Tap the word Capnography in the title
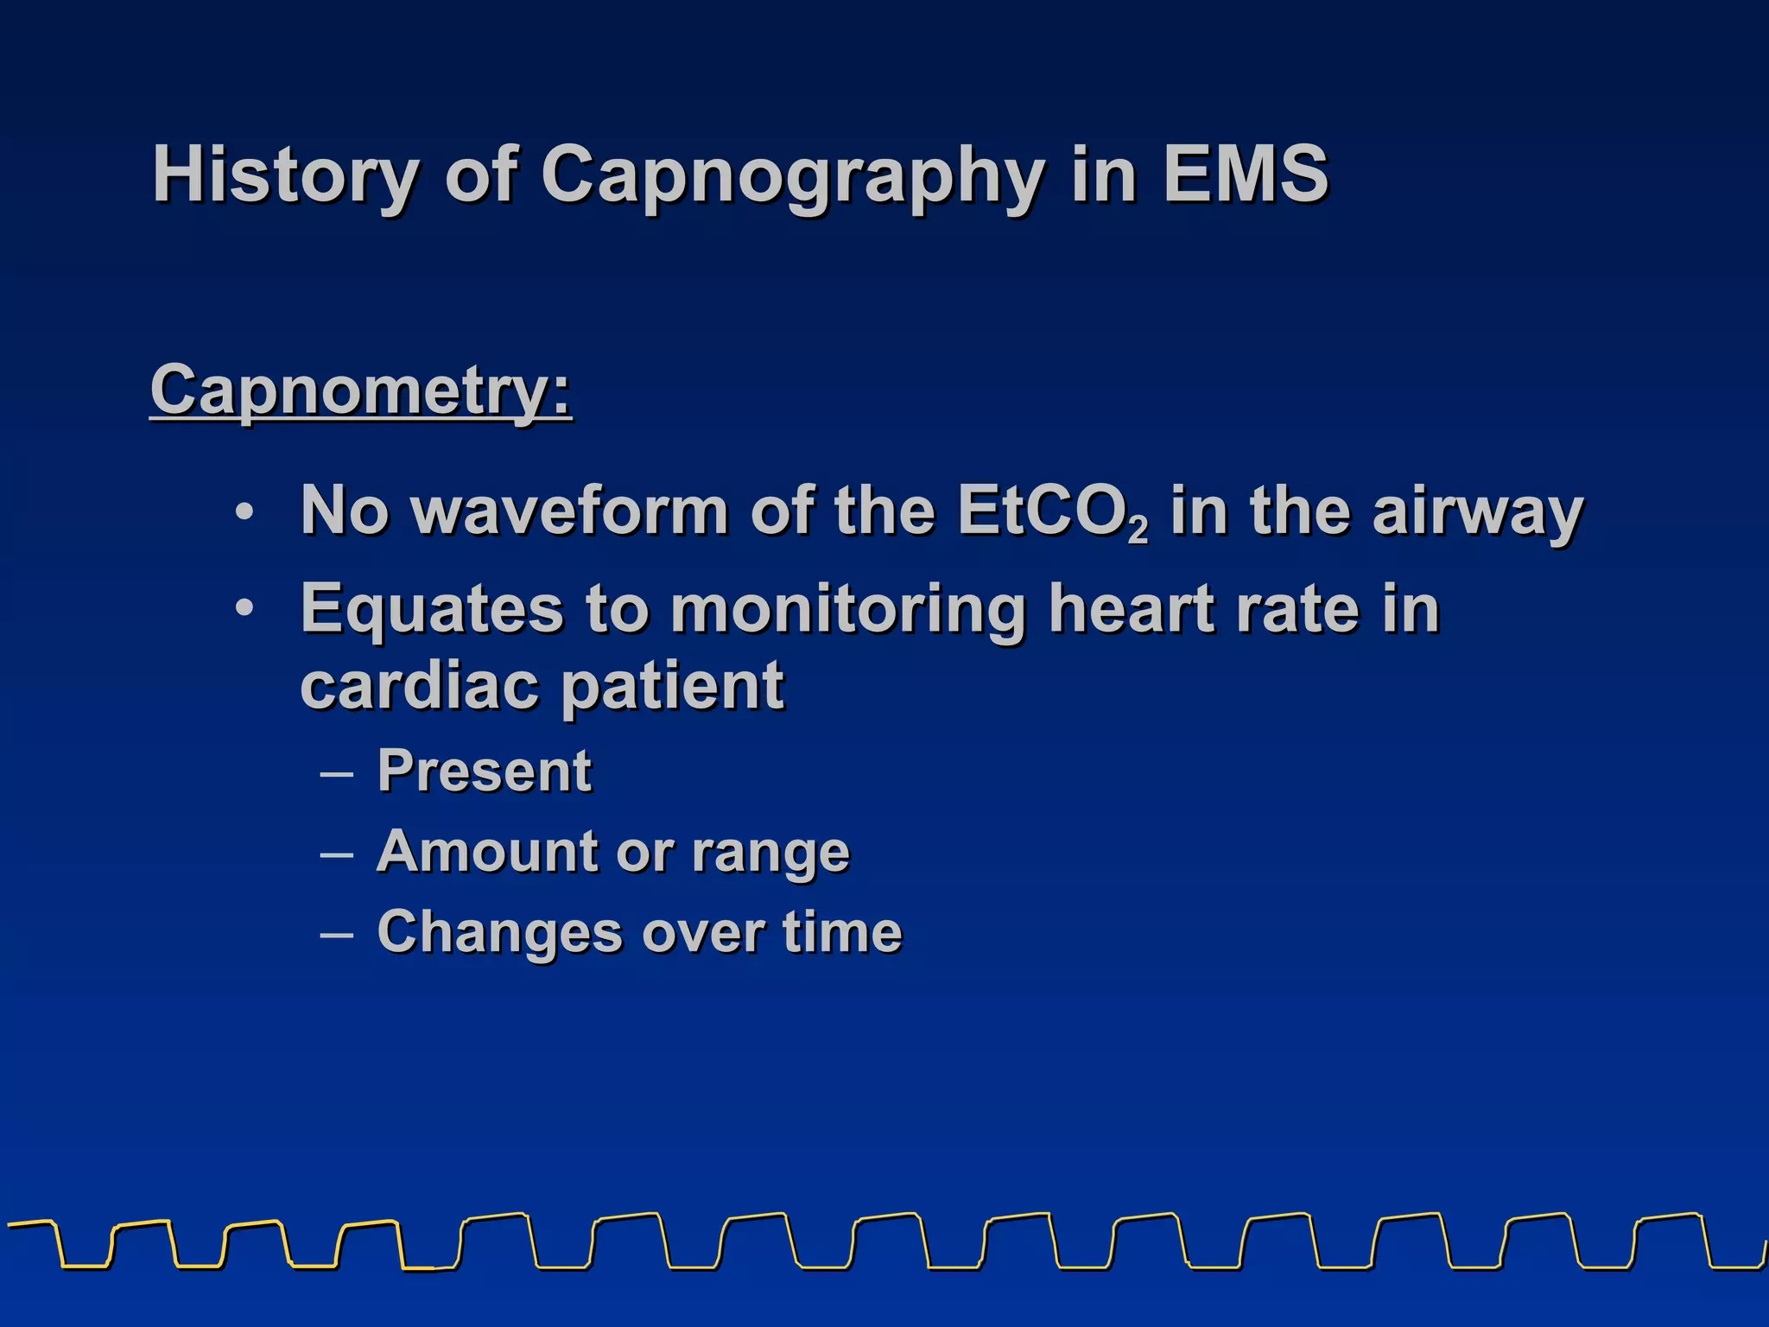(792, 175)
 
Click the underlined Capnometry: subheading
(361, 390)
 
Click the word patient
(673, 687)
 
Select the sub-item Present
(485, 770)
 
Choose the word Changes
(499, 932)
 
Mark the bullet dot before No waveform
(244, 512)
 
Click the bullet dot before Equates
(244, 609)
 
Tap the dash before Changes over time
(336, 934)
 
